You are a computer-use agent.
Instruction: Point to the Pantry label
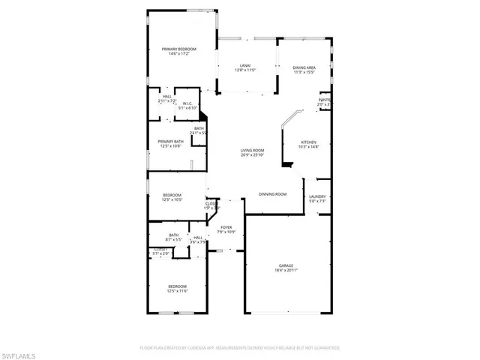click(x=325, y=100)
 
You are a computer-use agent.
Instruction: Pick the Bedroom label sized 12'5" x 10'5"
click(x=172, y=197)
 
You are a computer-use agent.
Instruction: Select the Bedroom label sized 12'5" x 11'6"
click(x=177, y=288)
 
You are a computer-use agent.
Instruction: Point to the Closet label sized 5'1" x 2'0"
click(x=160, y=251)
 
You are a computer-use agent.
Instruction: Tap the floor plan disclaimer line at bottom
click(x=240, y=348)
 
